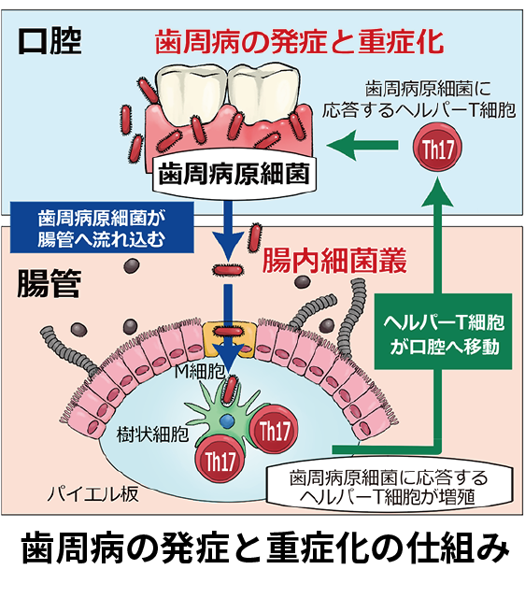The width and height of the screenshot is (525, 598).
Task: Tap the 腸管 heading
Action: pos(50,283)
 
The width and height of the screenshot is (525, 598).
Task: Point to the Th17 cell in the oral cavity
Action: pos(437,148)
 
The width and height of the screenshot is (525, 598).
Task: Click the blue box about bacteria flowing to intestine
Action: pos(102,228)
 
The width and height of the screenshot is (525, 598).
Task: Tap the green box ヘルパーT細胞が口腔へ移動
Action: pos(443,332)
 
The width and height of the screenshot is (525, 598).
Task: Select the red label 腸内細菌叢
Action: pos(334,262)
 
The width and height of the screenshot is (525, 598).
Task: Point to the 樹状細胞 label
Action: pos(152,434)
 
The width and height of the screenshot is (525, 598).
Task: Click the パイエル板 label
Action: pos(92,494)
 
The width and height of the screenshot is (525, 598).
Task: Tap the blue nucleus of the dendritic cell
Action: pos(227,421)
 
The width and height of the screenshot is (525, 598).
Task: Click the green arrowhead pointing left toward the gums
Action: pos(342,145)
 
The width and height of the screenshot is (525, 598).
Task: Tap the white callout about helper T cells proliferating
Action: pos(390,487)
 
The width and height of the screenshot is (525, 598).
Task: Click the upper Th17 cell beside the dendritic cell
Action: pos(274,431)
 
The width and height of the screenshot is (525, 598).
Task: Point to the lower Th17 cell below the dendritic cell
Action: pos(220,460)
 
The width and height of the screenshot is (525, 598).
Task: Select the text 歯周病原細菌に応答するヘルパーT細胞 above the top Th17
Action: pos(419,100)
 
